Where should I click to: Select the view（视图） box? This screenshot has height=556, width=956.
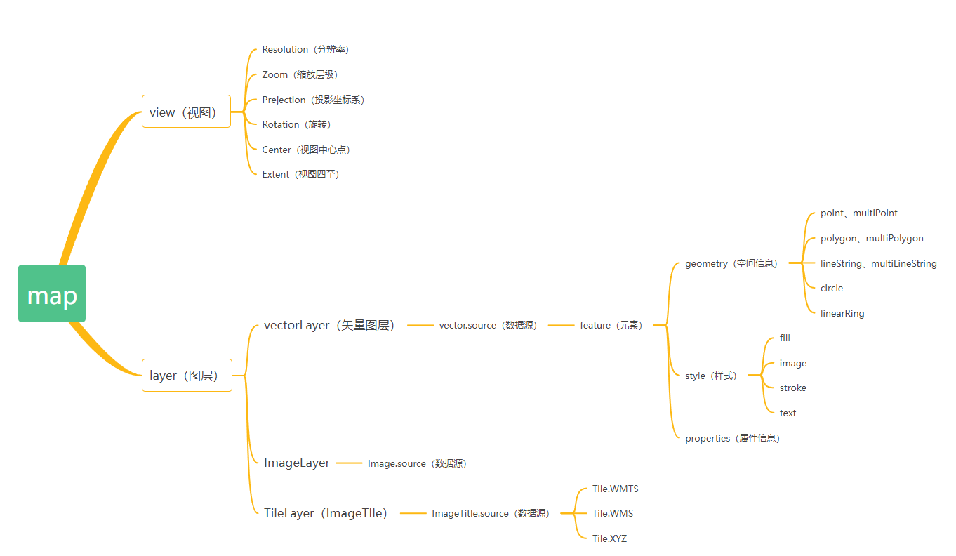(x=186, y=112)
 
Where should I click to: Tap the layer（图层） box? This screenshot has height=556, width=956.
(x=187, y=376)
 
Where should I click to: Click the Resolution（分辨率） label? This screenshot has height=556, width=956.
(x=305, y=50)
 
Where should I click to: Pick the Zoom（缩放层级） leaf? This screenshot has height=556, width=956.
(x=300, y=74)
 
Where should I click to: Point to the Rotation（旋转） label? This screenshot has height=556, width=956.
(x=296, y=124)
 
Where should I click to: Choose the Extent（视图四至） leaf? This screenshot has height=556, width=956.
(x=300, y=174)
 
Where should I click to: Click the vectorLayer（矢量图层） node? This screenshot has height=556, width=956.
(x=329, y=325)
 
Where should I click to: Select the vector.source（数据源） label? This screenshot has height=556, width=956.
(x=488, y=326)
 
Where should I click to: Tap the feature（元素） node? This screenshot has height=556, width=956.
(x=611, y=326)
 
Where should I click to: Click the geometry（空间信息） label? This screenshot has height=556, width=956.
(x=731, y=264)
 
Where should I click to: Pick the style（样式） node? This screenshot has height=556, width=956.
(x=711, y=376)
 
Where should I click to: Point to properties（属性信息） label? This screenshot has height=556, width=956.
(x=732, y=438)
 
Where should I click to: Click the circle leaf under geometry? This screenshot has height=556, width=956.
(x=832, y=288)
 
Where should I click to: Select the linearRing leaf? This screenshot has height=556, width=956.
(x=842, y=313)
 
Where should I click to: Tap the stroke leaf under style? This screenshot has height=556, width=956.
(x=793, y=388)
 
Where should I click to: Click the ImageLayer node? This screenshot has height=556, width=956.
(x=297, y=463)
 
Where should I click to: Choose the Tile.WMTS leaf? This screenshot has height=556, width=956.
(x=616, y=489)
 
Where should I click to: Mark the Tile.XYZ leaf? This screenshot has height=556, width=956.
(x=609, y=538)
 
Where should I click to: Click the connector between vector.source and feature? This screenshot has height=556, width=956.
(x=561, y=325)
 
